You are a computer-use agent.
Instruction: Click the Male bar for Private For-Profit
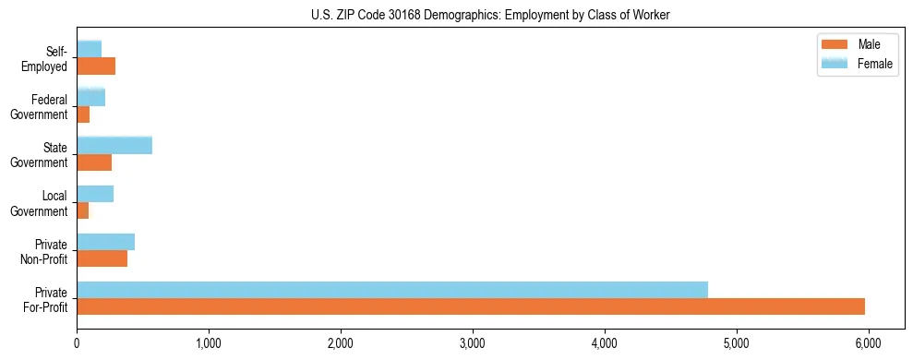(x=471, y=306)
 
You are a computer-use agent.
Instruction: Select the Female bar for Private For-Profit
(x=392, y=290)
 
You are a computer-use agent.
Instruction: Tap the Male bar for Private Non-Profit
(x=102, y=258)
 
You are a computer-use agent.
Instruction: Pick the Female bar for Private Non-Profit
(x=105, y=242)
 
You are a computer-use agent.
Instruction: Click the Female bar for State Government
(x=114, y=145)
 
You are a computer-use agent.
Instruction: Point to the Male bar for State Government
(x=94, y=162)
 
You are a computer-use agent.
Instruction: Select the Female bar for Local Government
(x=95, y=194)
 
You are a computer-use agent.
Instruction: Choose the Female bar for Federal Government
(x=90, y=97)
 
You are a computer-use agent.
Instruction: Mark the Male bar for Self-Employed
(x=96, y=66)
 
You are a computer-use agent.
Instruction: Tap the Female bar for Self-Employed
(x=89, y=49)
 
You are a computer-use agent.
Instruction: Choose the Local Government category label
(x=42, y=203)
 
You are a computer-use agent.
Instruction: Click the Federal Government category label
(x=42, y=106)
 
